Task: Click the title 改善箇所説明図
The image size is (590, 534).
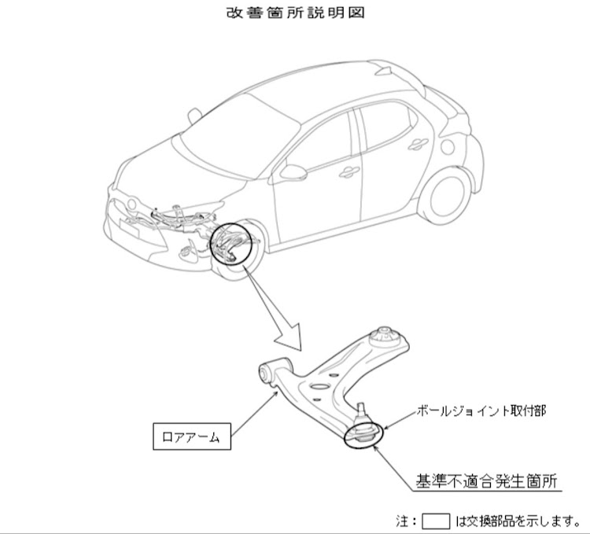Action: (295, 13)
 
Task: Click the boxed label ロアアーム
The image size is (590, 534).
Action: (192, 436)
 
